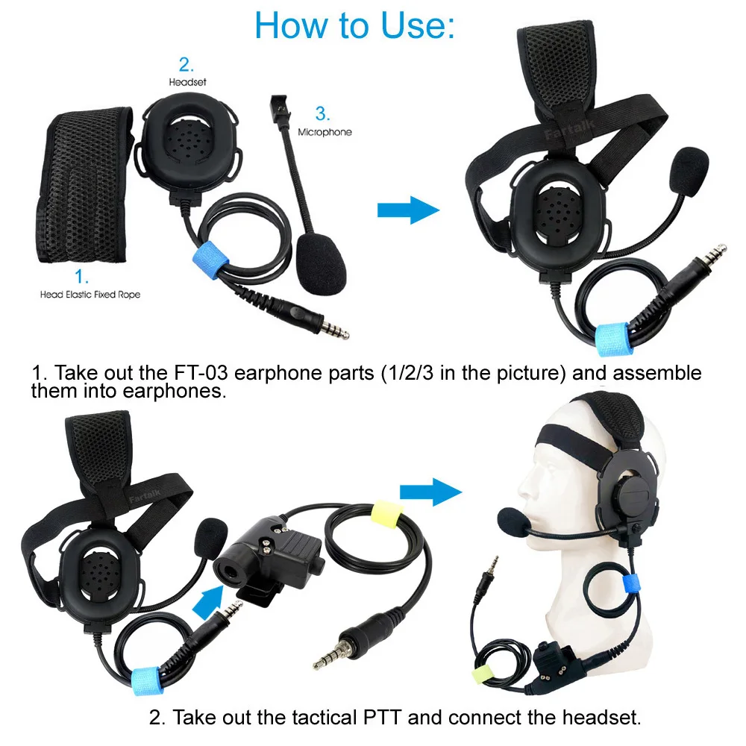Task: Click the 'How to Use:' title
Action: (x=355, y=25)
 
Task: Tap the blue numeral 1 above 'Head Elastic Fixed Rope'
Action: (x=81, y=277)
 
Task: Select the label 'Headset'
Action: (x=187, y=82)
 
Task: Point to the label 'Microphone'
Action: (x=325, y=132)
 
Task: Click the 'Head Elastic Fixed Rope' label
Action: (x=90, y=295)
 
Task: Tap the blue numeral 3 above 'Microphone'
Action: (x=322, y=113)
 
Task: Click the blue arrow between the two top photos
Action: (x=408, y=210)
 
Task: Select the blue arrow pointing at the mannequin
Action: (x=430, y=492)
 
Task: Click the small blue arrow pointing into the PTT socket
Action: (x=208, y=601)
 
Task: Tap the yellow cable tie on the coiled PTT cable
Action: (x=386, y=514)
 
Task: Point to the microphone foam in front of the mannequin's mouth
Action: (x=514, y=522)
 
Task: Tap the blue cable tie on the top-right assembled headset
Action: (x=612, y=339)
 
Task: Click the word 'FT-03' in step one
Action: (x=201, y=373)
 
